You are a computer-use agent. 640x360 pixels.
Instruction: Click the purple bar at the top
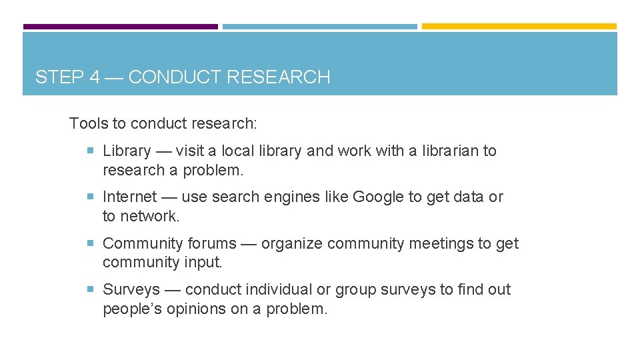120,27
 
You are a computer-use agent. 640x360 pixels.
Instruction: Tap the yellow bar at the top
519,27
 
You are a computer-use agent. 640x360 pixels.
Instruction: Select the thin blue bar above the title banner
319,27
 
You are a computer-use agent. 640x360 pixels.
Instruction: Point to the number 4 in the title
95,77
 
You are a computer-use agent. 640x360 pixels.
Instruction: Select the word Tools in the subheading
87,123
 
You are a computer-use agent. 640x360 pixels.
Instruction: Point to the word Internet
129,197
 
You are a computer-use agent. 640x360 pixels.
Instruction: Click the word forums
211,243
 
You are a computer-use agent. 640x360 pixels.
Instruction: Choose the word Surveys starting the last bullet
131,290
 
